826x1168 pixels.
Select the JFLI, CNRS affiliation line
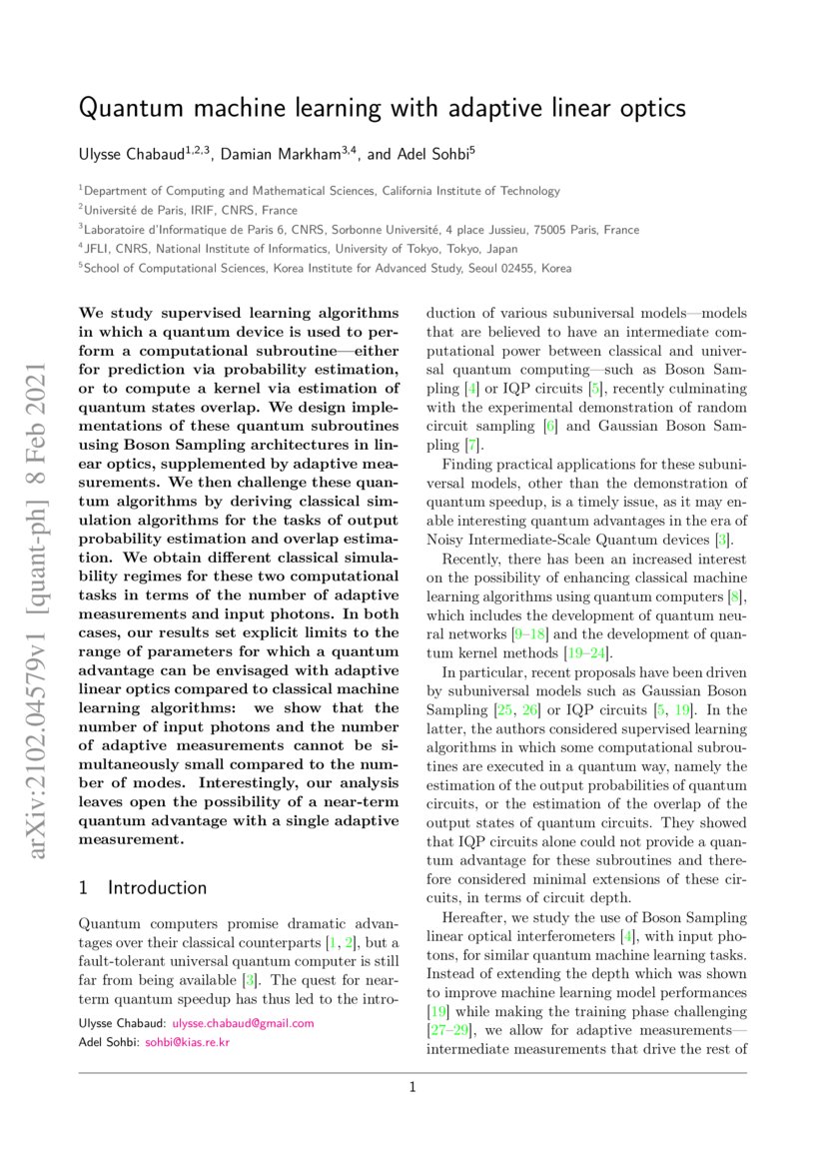pyautogui.click(x=301, y=249)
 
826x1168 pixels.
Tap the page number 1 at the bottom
pyautogui.click(x=413, y=1088)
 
